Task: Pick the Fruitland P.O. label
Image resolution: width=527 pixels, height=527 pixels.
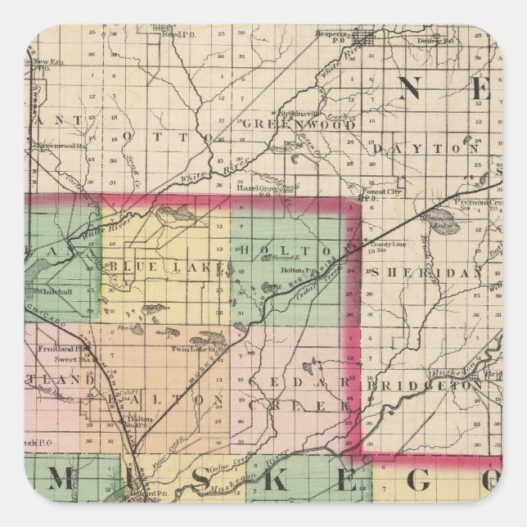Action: (x=56, y=349)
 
